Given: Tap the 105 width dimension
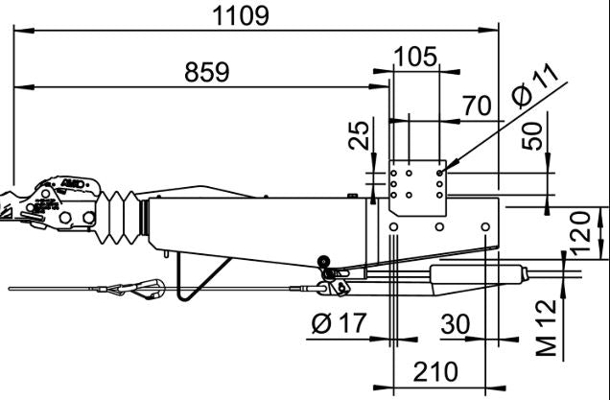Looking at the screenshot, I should coord(414,57).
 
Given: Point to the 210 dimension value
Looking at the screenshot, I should coord(434,370).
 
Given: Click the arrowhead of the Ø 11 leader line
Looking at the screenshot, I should coord(444,172).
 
